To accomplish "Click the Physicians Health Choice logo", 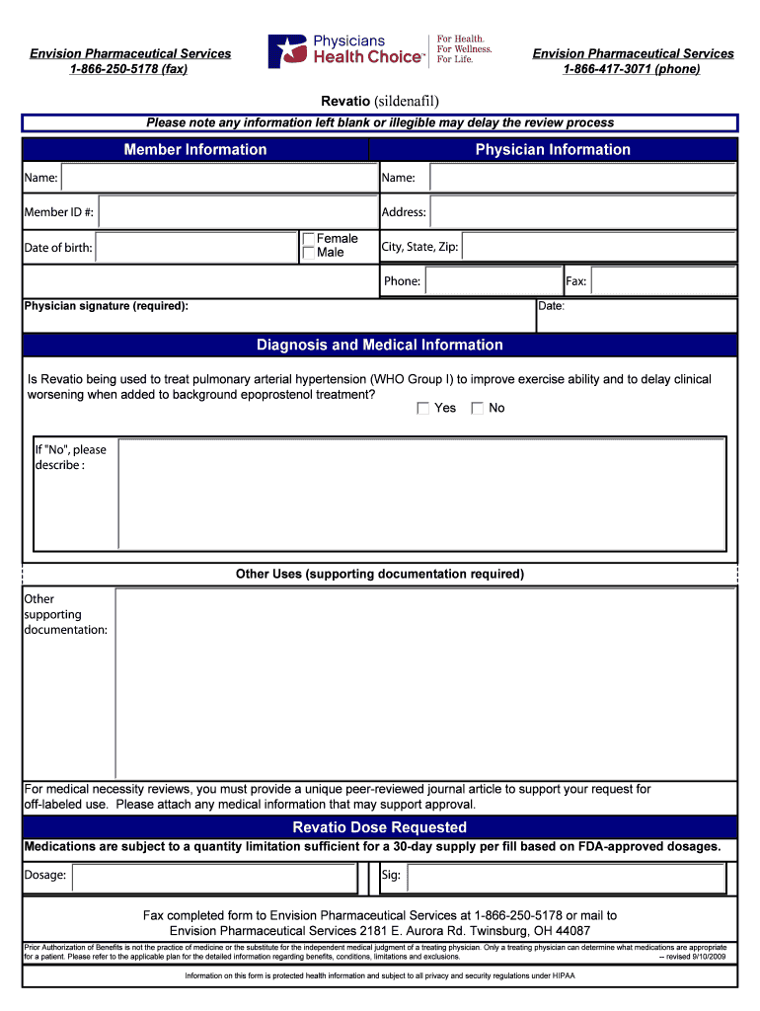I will coord(379,51).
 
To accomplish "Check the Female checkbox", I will coord(309,239).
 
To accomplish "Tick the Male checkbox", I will coord(309,253).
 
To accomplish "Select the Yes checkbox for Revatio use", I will coord(423,408).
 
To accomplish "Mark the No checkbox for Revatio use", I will coord(478,408).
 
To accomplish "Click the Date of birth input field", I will coord(196,247).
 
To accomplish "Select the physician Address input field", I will coord(582,212).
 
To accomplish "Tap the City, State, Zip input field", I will coord(598,247).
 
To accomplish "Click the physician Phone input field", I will coord(493,281).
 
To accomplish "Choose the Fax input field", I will coord(663,281).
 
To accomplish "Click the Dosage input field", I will coord(214,877).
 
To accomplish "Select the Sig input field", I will coord(567,877).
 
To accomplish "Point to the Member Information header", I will coord(195,150).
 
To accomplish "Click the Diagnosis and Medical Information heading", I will coord(380,346).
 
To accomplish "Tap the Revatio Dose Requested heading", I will coord(380,827).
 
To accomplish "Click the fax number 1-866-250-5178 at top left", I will coord(129,69).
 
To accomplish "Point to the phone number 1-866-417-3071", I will coord(633,69).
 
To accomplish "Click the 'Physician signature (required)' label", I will coord(107,306).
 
